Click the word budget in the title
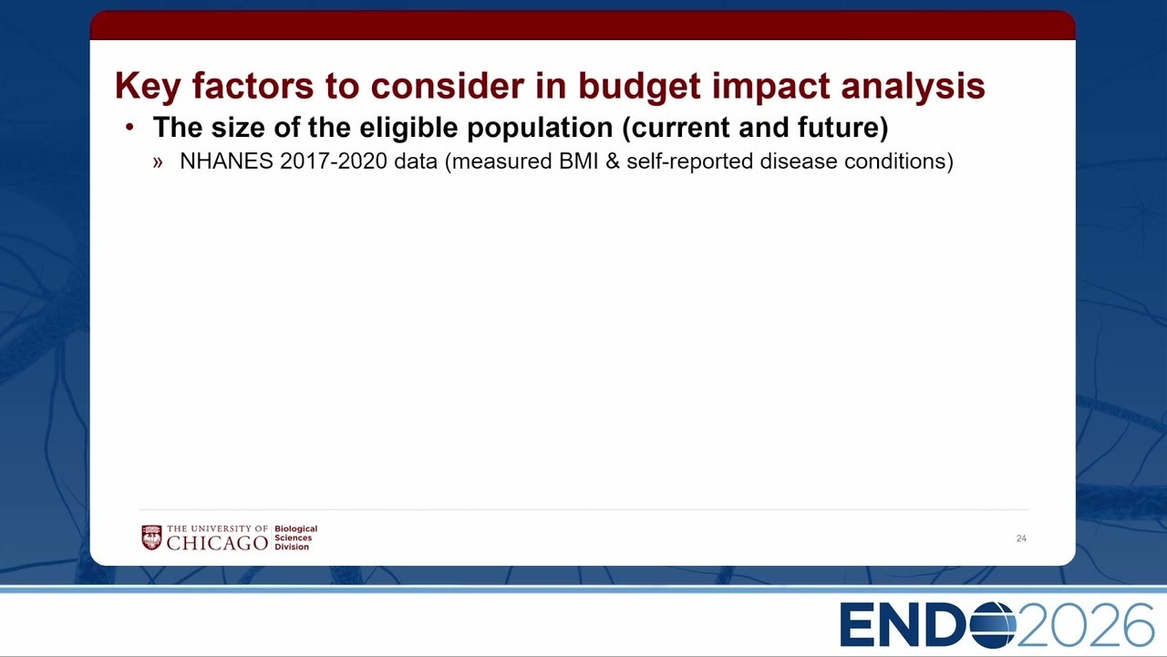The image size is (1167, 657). tap(639, 86)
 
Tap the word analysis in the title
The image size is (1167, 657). tap(914, 86)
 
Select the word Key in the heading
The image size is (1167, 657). tap(148, 86)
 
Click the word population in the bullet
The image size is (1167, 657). tap(540, 128)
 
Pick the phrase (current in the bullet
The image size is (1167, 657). tap(676, 128)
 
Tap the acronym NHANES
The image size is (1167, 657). tap(227, 162)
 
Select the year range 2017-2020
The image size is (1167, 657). tap(334, 162)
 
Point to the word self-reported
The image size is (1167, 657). tap(690, 162)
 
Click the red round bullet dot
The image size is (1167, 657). tap(129, 127)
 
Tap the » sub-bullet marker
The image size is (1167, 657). tap(158, 162)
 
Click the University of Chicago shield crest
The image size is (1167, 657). tap(151, 537)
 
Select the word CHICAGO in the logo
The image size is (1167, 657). tap(217, 543)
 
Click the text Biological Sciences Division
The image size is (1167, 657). tap(296, 537)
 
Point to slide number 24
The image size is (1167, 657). tap(1021, 538)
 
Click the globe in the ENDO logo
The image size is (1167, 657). tap(993, 625)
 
